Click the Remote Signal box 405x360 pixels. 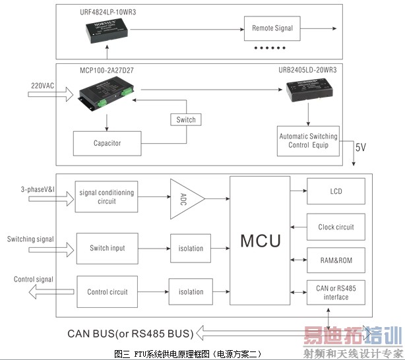272,28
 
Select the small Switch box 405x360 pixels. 185,120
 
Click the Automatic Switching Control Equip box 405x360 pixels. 307,140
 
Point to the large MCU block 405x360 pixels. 260,241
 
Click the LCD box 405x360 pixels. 335,192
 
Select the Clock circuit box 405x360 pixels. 335,227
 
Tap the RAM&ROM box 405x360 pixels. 335,260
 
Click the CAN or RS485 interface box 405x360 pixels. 335,293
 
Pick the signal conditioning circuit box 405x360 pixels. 106,197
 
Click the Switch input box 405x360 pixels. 108,249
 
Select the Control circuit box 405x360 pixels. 108,292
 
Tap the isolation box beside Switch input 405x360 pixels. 191,249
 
